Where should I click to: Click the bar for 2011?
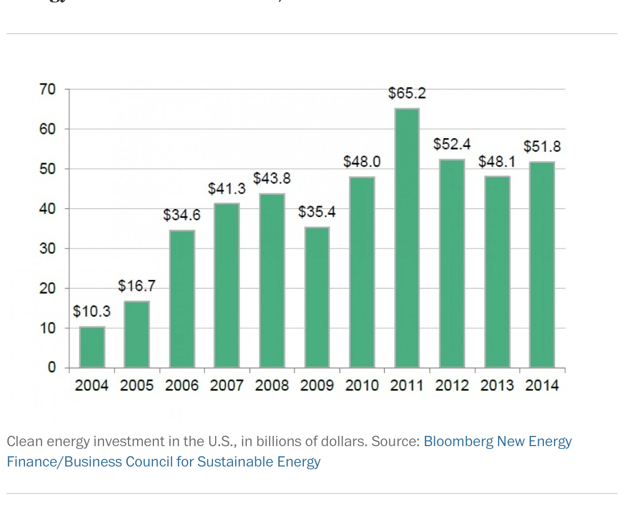click(407, 238)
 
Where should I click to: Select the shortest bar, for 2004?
click(92, 347)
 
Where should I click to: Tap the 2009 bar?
click(317, 297)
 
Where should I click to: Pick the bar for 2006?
click(182, 299)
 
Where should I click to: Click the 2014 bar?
click(542, 265)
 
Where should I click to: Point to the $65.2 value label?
click(407, 93)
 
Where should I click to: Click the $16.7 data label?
click(137, 286)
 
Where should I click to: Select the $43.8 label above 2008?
click(272, 178)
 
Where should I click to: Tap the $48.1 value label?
click(497, 162)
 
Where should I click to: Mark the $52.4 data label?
click(452, 144)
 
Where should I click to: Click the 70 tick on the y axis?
click(47, 90)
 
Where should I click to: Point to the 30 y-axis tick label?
click(47, 249)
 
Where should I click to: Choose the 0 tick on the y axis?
click(51, 368)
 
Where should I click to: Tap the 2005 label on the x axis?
click(137, 385)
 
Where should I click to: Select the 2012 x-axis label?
click(452, 385)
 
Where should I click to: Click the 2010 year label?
click(362, 385)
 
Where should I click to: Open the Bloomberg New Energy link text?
click(497, 442)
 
